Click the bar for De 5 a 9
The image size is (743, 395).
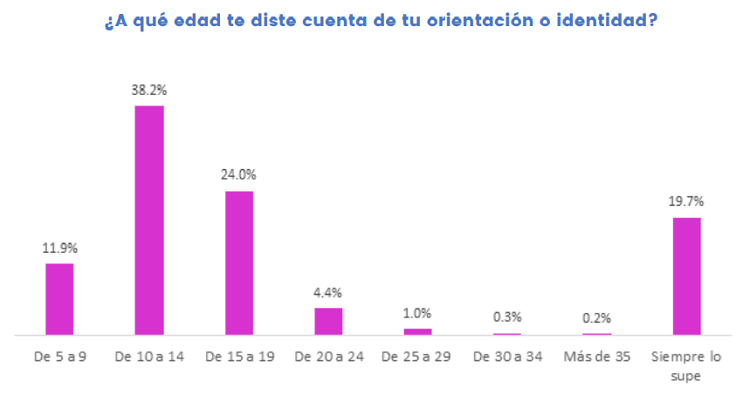click(59, 299)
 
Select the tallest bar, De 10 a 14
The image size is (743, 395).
click(149, 220)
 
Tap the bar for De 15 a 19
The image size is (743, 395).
click(239, 262)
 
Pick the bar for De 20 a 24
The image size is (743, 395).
click(328, 321)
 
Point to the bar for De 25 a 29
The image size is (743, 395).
click(417, 331)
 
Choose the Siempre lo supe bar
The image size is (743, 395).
click(686, 276)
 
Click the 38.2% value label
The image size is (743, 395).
click(149, 89)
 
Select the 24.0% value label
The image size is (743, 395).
click(239, 174)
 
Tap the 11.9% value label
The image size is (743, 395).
click(59, 247)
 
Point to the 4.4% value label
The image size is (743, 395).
click(328, 291)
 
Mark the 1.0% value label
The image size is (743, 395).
click(417, 312)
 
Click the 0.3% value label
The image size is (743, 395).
click(507, 317)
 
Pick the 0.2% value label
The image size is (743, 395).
click(597, 317)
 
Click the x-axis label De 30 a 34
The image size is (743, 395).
click(507, 358)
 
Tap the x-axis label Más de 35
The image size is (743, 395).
click(597, 358)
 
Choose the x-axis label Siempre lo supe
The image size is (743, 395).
click(686, 366)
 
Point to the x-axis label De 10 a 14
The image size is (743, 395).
click(149, 358)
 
